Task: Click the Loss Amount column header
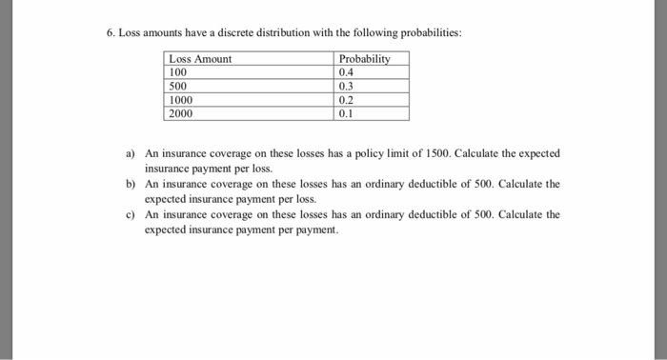point(199,59)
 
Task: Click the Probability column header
point(364,59)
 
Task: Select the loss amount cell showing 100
point(178,71)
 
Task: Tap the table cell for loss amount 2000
point(180,113)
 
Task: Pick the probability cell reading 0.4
point(346,71)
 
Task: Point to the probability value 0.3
point(346,86)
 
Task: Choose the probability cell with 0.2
point(346,99)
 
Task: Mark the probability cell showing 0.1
point(346,113)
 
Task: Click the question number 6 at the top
point(110,32)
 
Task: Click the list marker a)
point(131,153)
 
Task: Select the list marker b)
point(131,184)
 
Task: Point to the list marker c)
point(131,214)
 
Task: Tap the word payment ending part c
point(318,230)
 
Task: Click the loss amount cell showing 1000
point(180,99)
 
